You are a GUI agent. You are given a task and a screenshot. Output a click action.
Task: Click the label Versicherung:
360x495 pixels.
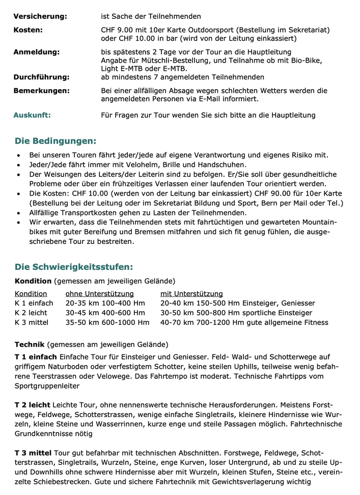40,16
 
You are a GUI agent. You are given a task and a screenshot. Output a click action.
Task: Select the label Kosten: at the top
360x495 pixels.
28,30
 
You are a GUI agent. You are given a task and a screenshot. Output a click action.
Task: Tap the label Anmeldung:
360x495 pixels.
36,52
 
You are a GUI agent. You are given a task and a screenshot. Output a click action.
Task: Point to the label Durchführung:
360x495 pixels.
41,77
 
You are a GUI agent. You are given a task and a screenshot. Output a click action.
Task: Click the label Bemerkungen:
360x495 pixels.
41,90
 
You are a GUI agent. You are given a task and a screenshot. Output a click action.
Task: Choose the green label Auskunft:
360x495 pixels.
32,115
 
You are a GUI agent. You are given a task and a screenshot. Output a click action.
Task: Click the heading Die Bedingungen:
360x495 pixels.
55,141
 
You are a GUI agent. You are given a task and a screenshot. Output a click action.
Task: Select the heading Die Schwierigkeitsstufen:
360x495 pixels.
74,267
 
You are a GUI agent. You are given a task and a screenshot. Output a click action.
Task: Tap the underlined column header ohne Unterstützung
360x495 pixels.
99,294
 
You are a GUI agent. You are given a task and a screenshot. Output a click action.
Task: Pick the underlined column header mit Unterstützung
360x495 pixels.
191,294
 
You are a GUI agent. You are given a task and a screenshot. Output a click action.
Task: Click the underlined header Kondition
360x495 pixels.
31,294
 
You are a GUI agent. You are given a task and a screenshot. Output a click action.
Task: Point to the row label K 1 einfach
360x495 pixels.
34,304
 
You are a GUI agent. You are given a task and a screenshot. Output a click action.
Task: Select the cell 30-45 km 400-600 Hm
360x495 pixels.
105,313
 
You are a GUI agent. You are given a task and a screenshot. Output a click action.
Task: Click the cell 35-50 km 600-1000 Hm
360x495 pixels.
107,322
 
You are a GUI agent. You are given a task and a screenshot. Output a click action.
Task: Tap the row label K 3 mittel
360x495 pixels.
32,322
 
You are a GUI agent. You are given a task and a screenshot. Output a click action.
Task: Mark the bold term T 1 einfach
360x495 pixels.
36,357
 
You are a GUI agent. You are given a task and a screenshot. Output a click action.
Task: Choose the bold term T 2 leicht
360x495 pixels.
32,405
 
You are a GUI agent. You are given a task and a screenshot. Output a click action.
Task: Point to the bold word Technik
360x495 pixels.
30,344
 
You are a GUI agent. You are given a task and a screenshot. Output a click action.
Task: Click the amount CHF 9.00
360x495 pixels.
117,30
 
